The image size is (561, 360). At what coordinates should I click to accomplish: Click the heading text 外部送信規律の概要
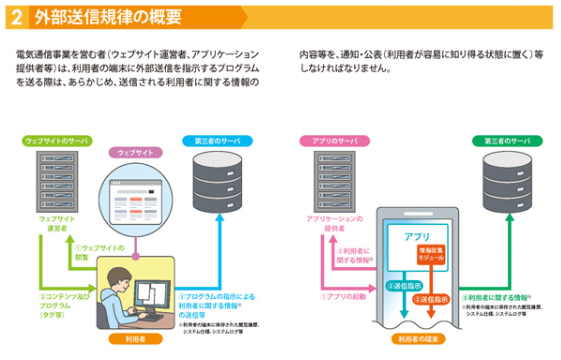[108, 18]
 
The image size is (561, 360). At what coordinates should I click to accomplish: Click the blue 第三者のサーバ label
[217, 141]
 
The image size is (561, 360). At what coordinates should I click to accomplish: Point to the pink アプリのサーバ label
[334, 141]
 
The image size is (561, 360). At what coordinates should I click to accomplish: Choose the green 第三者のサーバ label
[508, 141]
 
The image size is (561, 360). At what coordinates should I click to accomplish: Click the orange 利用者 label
[135, 339]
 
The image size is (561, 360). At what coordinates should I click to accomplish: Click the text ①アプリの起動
[342, 297]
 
